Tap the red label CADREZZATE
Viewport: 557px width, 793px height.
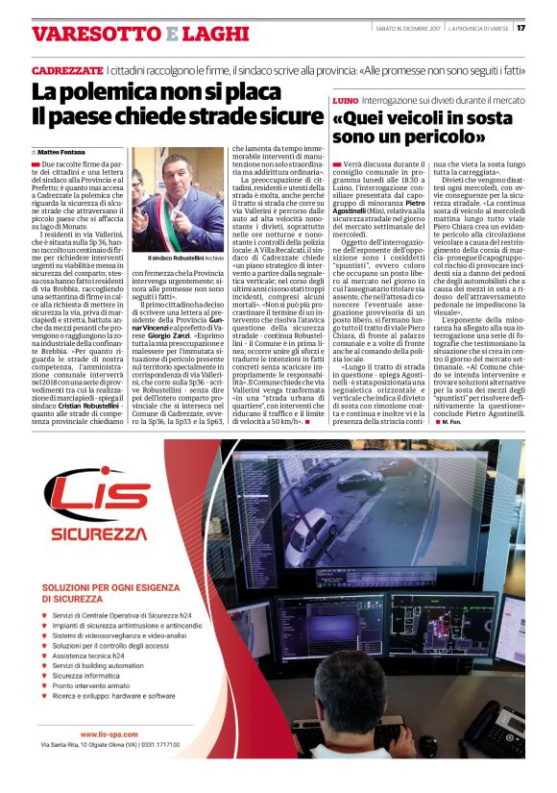click(66, 71)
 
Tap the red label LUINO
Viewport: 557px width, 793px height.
click(345, 100)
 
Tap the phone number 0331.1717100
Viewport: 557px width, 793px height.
click(182, 745)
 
